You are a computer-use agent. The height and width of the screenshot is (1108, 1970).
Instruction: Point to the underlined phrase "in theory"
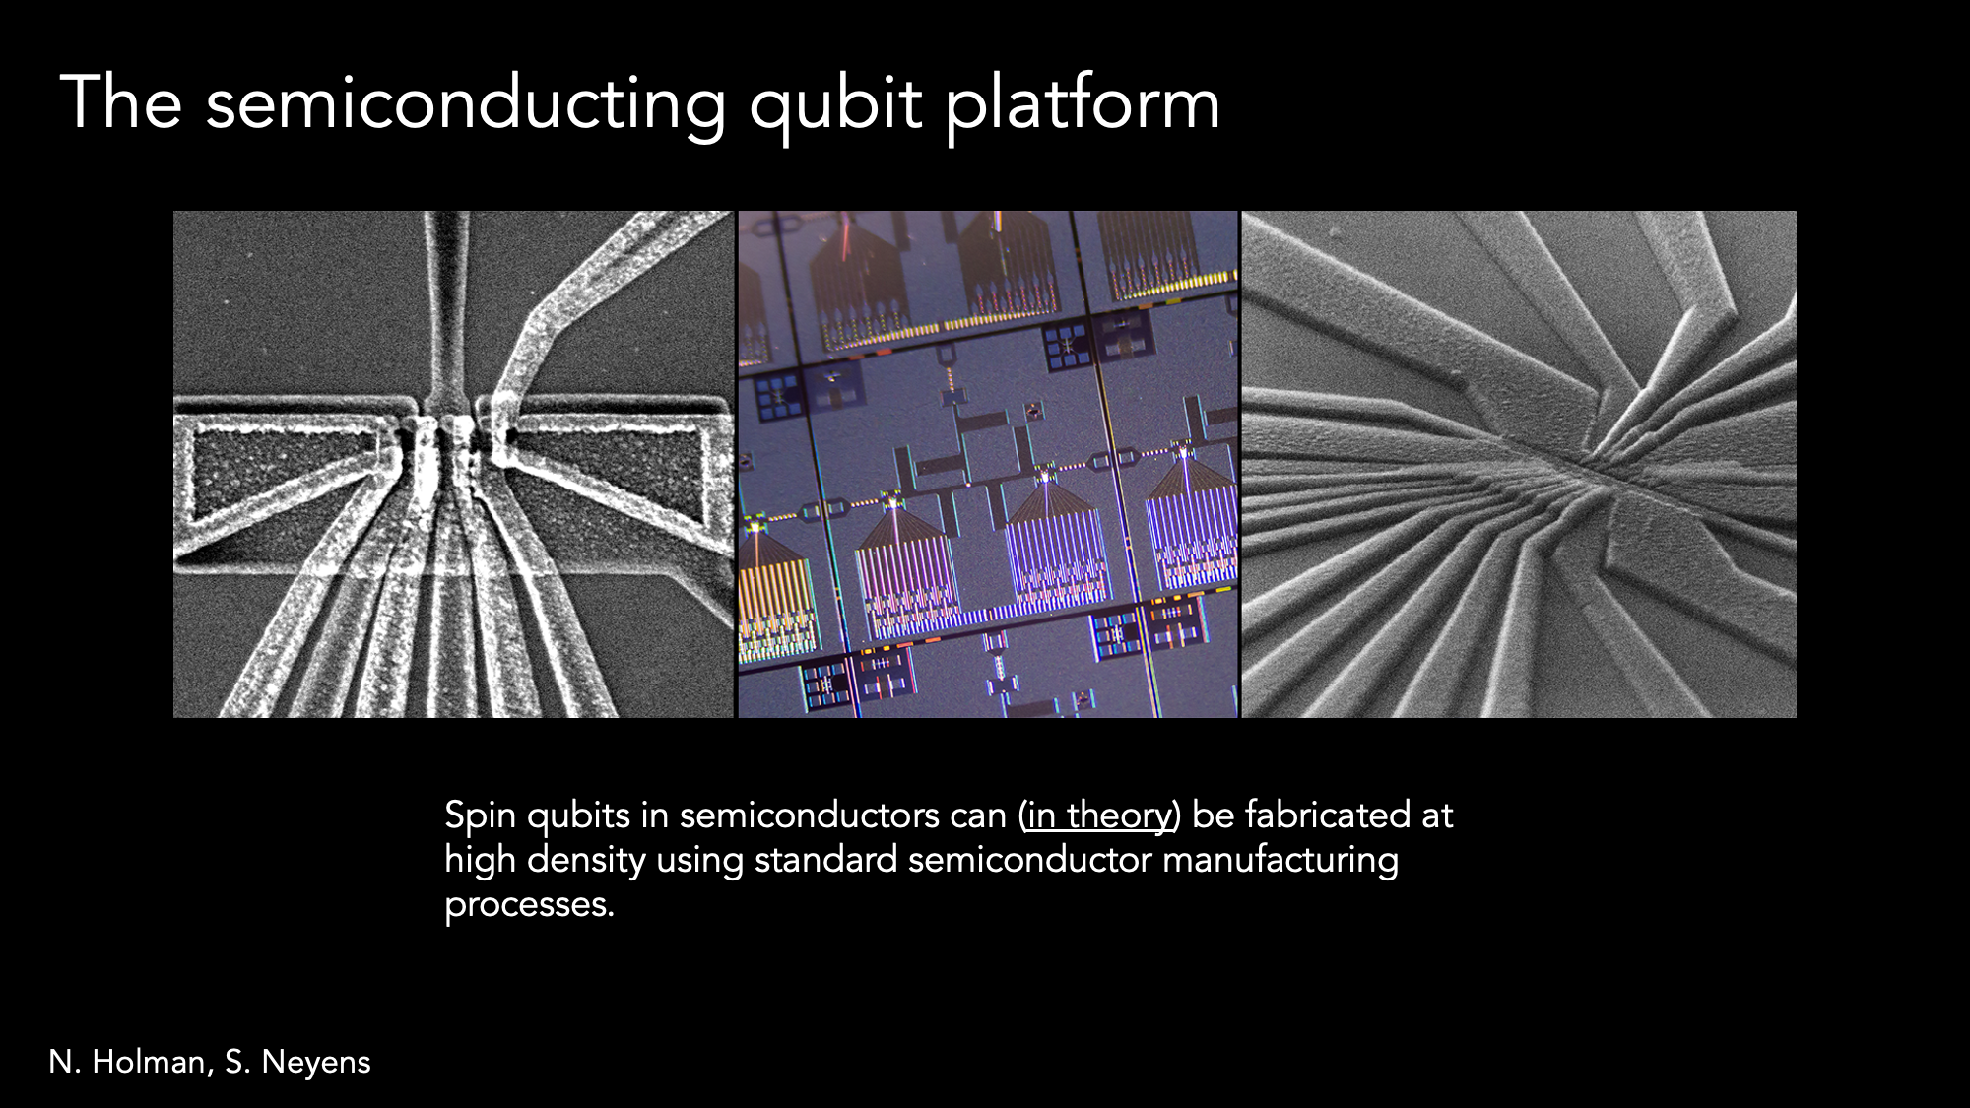coord(1098,815)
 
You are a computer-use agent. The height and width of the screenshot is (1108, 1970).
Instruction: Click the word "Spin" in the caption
coord(480,816)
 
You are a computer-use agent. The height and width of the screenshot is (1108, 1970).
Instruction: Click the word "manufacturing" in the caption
coord(1280,861)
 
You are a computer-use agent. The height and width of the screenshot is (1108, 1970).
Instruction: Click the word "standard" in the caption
coord(825,860)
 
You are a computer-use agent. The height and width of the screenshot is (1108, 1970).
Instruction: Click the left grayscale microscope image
coord(454,464)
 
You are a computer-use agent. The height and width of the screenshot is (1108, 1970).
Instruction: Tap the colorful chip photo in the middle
coord(988,464)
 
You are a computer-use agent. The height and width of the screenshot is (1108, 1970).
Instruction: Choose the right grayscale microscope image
coord(1519,464)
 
